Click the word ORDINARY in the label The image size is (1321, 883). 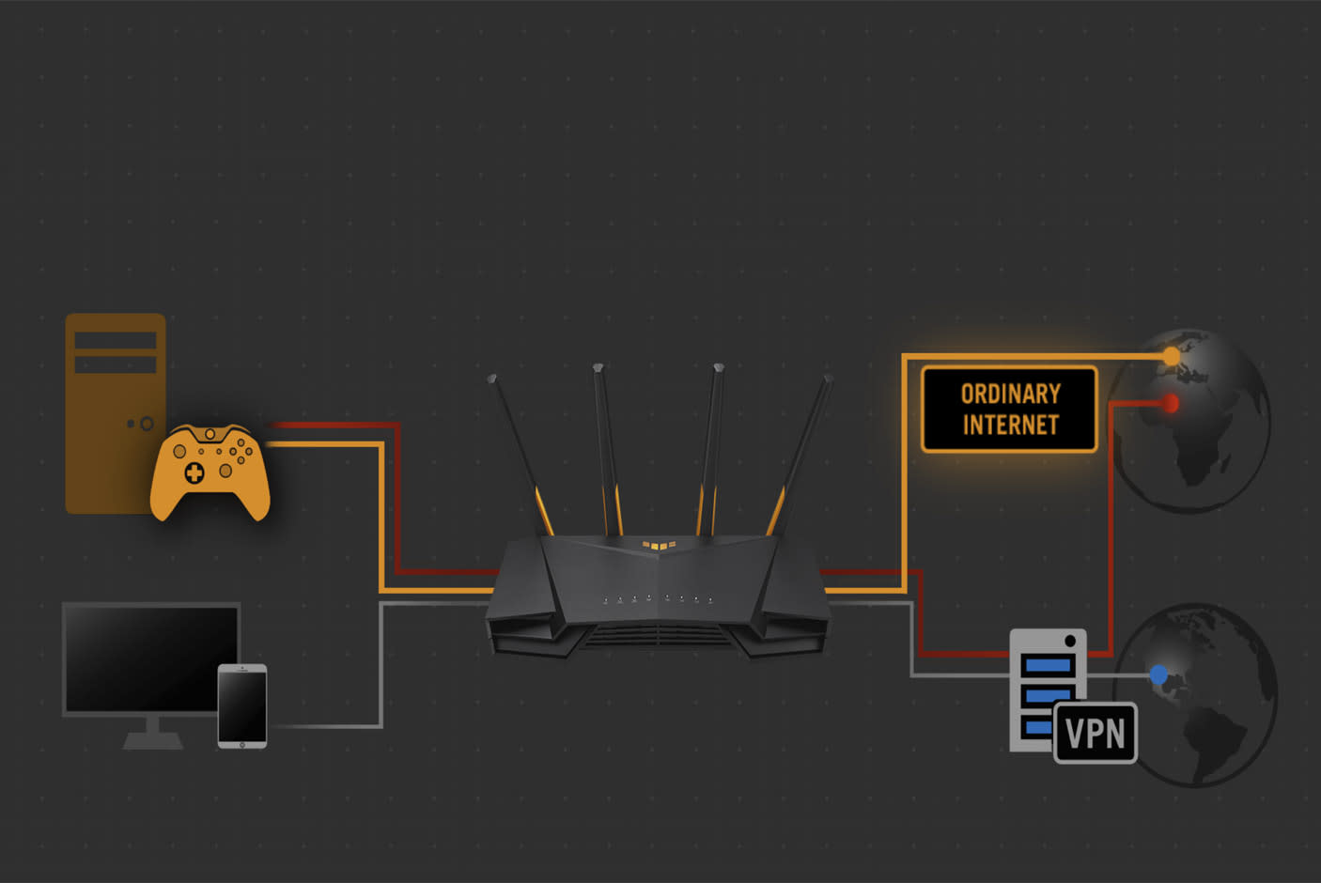1010,394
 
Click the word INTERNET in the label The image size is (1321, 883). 1010,426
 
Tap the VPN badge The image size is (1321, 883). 1096,733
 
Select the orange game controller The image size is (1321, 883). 210,472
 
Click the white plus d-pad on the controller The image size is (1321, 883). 194,472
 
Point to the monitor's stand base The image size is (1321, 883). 153,741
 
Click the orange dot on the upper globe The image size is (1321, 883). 1171,357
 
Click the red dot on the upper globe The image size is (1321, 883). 1170,403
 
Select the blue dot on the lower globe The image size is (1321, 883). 1158,674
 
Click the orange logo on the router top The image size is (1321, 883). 659,545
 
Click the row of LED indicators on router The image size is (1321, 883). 658,598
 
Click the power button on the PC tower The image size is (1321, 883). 147,424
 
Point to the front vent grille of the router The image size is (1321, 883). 658,636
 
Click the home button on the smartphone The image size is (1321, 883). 242,744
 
